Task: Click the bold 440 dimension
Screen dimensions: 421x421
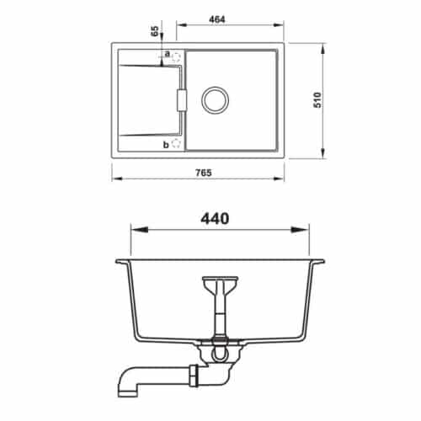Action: pos(217,218)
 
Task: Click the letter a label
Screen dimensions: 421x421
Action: pos(167,54)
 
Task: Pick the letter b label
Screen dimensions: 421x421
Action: pos(166,144)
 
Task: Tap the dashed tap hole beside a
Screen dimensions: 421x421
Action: pos(176,56)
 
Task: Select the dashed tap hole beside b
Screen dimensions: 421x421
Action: pos(176,143)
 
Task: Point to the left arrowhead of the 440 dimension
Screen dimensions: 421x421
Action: pos(135,229)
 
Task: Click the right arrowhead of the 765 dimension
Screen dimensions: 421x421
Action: pos(282,179)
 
